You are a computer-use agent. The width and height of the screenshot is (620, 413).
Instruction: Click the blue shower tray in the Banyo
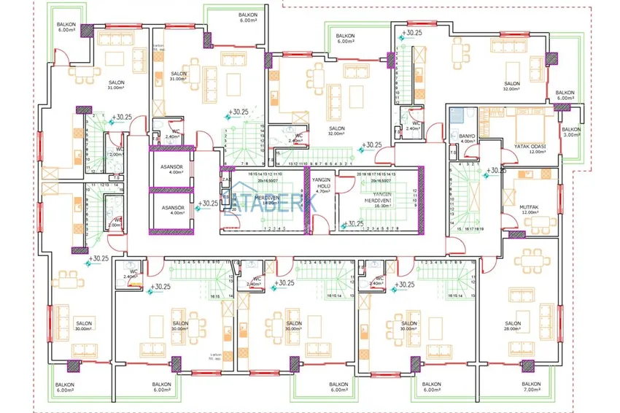click(457, 116)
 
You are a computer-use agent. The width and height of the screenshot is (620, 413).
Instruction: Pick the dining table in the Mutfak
click(540, 223)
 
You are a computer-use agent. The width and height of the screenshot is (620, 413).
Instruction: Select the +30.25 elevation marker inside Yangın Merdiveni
click(353, 224)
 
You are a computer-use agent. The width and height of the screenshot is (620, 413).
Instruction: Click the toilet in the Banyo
click(473, 117)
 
